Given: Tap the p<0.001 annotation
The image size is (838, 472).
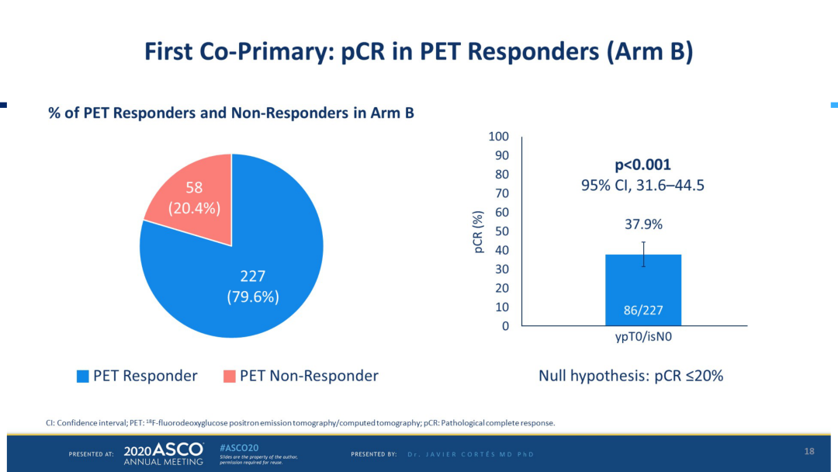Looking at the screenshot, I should (642, 165).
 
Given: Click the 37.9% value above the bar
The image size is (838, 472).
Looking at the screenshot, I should (643, 224).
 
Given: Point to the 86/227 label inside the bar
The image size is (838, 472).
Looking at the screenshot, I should (643, 311).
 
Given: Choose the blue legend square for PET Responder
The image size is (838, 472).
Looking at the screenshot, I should (82, 377).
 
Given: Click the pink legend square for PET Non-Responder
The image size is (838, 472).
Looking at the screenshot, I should (229, 377).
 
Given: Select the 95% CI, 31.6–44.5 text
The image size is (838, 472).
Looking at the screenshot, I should (643, 186).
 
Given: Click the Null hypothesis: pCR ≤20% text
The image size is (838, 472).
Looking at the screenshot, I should (631, 376).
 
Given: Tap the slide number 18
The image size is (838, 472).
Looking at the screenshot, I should (809, 452).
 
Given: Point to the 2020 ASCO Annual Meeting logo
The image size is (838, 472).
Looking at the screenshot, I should (163, 453).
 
